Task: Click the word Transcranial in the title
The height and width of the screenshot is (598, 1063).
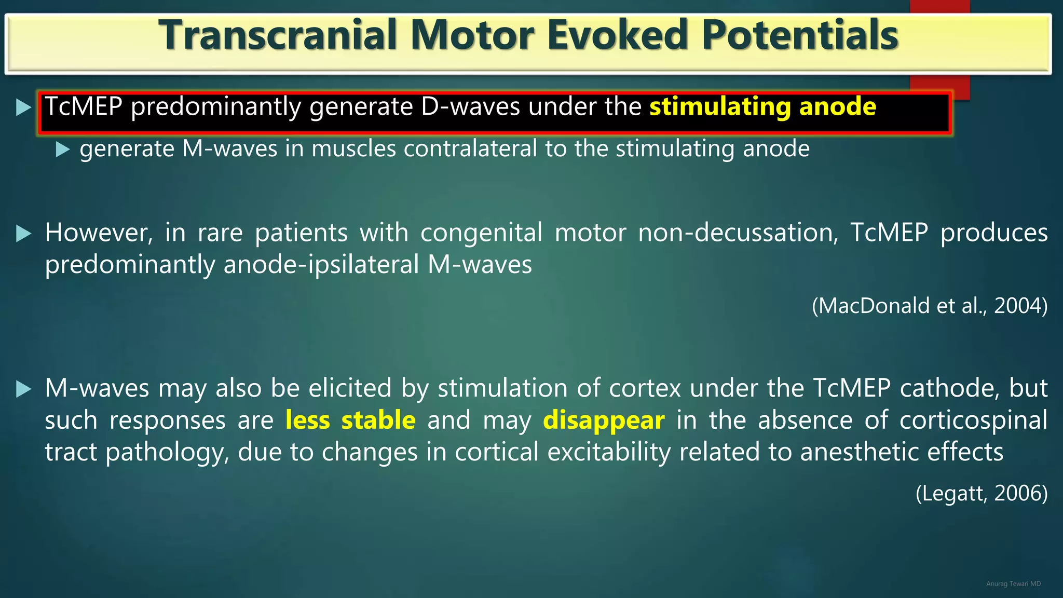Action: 278,35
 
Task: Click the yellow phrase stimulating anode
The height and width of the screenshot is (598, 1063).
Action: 762,107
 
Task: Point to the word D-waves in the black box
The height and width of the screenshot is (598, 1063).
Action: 470,107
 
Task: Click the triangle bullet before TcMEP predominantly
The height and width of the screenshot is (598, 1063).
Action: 23,107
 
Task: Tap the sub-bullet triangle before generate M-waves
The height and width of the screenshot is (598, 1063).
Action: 62,149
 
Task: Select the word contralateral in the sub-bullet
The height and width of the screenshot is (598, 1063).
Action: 470,149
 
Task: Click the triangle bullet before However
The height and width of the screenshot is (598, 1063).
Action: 23,234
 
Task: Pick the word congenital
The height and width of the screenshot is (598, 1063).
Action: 481,233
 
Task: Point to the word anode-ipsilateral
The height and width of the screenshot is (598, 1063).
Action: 321,265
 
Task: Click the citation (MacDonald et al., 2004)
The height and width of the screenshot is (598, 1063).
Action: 929,306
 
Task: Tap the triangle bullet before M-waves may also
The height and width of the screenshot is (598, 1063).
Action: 23,389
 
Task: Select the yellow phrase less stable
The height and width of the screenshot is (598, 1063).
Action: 350,420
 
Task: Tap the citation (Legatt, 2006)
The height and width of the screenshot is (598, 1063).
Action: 981,493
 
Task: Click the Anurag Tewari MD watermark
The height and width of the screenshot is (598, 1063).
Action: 1013,584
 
